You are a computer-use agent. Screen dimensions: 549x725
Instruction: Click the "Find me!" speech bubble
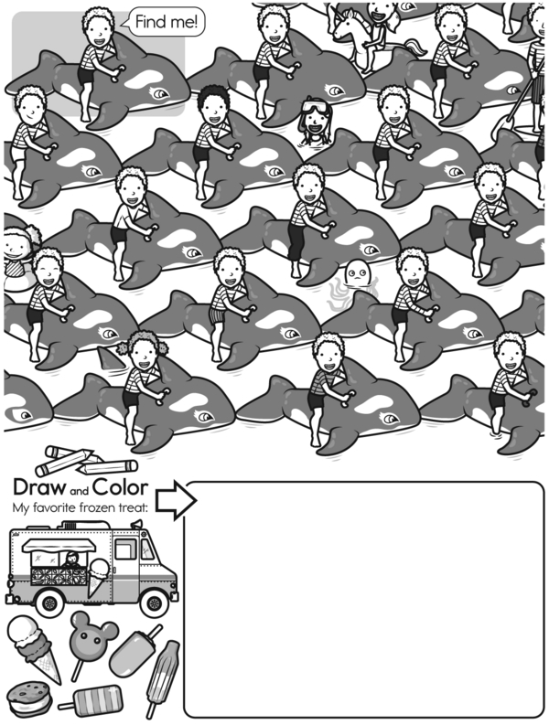click(167, 21)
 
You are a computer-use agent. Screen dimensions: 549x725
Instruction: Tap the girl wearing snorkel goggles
click(316, 120)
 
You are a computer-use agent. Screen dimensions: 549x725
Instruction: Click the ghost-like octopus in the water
click(354, 283)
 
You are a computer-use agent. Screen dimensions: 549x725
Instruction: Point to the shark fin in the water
click(111, 359)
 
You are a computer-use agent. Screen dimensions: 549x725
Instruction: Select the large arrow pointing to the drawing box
click(176, 499)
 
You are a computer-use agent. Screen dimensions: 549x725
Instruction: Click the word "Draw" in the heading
click(39, 487)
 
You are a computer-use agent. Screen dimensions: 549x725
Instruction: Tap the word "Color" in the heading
click(121, 487)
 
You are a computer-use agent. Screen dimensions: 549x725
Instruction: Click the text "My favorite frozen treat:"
click(81, 507)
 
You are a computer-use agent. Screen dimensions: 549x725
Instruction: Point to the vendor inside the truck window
click(71, 560)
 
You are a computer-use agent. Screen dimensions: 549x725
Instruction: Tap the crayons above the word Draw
click(86, 461)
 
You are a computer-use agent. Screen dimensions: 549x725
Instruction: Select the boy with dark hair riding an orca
click(214, 139)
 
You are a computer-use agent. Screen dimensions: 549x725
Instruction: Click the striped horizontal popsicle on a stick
click(92, 701)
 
